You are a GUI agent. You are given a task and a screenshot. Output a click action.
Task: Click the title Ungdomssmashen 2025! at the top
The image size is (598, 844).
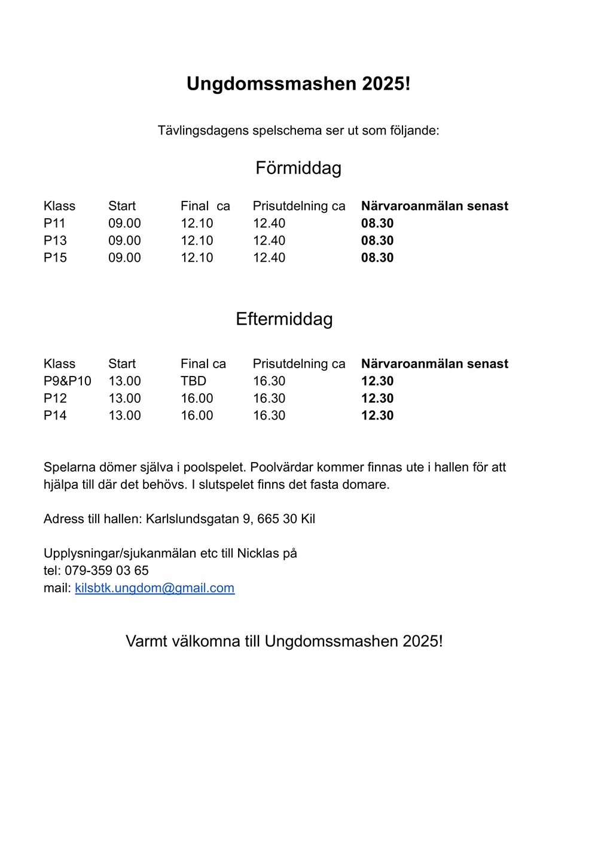298,84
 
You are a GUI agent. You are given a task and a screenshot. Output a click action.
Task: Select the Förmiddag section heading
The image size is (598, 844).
298,168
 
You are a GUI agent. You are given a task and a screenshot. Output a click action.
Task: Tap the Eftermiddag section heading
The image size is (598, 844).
284,319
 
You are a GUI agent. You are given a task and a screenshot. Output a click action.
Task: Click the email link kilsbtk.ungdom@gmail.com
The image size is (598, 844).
154,588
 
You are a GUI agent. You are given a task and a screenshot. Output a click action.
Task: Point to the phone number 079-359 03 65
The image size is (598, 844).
106,571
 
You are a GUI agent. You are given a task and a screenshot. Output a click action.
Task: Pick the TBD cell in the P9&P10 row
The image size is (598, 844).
193,381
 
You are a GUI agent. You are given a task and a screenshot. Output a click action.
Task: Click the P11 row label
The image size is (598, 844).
54,224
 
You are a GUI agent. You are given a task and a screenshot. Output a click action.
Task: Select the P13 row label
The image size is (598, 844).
55,241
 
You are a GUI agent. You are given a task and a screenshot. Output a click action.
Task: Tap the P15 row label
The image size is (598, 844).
55,258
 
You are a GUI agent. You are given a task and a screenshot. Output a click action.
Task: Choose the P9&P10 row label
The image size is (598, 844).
68,381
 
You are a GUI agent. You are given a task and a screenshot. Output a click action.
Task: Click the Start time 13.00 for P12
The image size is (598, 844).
124,399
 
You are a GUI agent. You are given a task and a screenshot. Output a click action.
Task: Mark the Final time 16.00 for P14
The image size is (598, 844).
197,416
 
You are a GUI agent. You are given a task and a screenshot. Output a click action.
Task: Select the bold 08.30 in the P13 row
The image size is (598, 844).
377,241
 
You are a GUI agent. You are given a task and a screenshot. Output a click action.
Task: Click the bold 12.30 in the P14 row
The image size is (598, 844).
377,416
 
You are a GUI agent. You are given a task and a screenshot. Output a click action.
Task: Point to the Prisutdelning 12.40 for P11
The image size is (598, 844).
269,224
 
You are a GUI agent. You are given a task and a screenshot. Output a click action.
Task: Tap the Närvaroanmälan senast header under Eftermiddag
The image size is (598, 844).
435,364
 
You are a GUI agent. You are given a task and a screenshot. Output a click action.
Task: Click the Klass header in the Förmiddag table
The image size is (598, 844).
59,206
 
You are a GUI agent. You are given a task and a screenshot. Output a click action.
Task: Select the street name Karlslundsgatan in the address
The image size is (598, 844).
192,519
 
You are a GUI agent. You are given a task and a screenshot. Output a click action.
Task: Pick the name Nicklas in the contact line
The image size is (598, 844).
258,554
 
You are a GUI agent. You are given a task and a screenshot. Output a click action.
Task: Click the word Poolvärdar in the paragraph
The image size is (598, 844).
282,467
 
